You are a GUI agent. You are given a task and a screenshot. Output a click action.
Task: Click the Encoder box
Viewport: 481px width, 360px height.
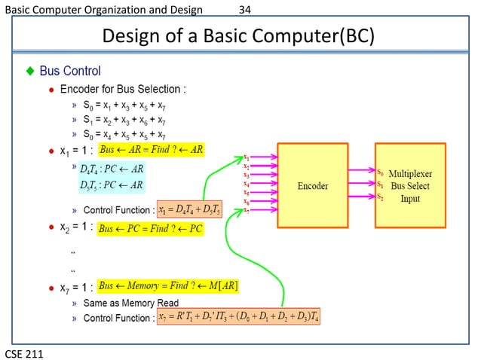point(312,185)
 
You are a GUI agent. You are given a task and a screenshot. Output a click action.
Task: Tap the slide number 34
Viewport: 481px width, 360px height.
point(244,10)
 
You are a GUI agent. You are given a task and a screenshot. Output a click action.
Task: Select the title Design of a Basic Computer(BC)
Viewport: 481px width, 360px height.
point(238,35)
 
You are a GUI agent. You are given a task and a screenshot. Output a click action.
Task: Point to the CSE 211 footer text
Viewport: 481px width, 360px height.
point(23,352)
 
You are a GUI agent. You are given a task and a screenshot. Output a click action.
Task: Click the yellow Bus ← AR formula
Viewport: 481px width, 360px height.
point(152,150)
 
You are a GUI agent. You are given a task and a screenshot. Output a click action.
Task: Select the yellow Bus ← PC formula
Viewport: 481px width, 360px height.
point(152,227)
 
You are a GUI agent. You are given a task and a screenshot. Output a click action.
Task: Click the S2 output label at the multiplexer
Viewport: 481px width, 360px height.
point(380,197)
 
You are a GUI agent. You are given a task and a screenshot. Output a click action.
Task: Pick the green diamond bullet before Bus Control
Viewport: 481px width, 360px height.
point(30,72)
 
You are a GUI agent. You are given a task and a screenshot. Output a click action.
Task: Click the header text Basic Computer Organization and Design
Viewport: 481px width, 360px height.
point(103,10)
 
